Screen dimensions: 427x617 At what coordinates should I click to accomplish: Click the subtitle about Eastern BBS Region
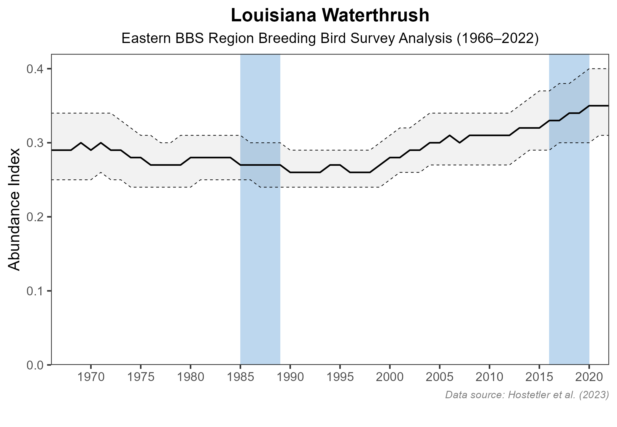[330, 39]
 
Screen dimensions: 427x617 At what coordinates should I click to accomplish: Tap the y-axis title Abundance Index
[14, 209]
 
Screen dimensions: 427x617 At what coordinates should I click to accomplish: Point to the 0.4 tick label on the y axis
[35, 69]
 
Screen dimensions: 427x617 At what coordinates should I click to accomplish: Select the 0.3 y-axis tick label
[35, 143]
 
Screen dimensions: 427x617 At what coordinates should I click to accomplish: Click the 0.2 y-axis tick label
[35, 217]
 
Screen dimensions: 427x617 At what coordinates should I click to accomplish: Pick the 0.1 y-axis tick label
[35, 291]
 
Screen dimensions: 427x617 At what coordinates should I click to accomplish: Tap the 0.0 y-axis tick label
[35, 365]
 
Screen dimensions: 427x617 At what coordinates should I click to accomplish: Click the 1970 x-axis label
[91, 377]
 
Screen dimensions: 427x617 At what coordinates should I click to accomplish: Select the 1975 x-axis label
[141, 377]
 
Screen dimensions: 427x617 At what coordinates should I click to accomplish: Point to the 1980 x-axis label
[190, 377]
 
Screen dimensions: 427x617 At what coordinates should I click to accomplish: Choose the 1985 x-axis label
[240, 377]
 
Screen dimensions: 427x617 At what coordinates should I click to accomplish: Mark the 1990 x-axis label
[290, 377]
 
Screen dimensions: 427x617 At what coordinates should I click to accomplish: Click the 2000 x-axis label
[390, 377]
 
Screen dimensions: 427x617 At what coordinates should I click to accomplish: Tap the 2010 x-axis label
[489, 377]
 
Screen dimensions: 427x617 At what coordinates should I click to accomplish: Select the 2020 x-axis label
[589, 377]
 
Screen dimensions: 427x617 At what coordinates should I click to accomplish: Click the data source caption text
[527, 395]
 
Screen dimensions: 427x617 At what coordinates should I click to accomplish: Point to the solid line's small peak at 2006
[450, 136]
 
